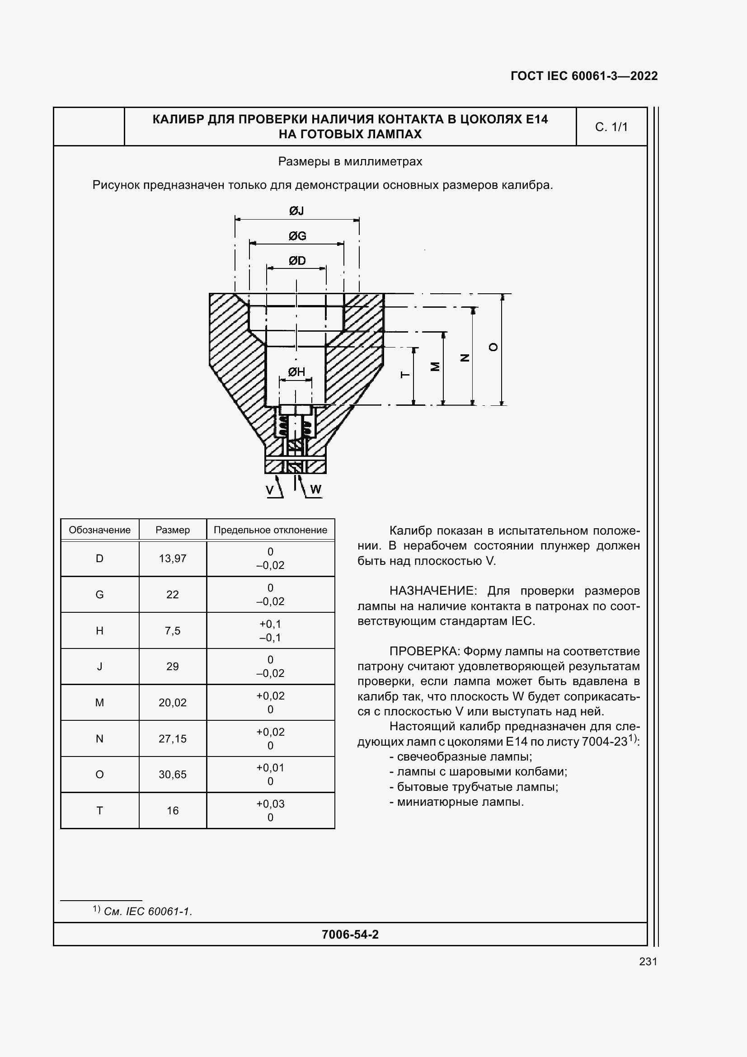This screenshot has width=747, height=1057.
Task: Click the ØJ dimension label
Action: (x=296, y=211)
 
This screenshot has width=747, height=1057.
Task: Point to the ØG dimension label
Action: (x=297, y=236)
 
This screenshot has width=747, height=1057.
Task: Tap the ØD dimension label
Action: (x=297, y=261)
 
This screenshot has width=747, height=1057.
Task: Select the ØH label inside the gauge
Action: (x=296, y=372)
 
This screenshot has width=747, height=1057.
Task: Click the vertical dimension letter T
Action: (x=405, y=375)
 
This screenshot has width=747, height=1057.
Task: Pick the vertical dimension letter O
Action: (x=493, y=347)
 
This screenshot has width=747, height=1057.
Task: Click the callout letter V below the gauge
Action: (x=270, y=490)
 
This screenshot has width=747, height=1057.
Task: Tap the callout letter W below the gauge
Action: (x=316, y=489)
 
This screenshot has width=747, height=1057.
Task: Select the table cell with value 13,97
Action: (x=173, y=559)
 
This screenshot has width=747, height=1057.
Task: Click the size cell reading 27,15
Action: (x=173, y=738)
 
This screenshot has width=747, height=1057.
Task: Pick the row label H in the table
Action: (x=99, y=631)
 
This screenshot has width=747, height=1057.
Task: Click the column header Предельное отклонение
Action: (x=270, y=530)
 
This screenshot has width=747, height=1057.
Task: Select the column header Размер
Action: (x=173, y=530)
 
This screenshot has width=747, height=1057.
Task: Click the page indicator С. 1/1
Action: (x=611, y=127)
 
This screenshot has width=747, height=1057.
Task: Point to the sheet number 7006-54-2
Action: (x=350, y=934)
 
